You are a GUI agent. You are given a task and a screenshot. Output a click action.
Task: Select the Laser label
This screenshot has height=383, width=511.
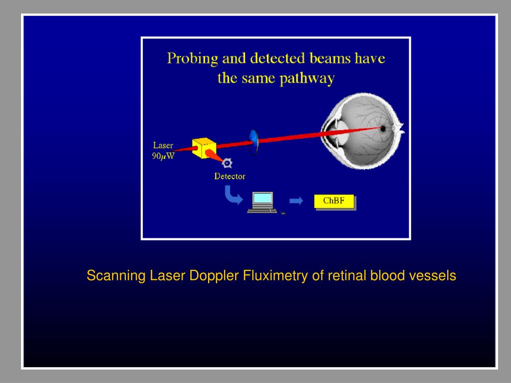[163, 146]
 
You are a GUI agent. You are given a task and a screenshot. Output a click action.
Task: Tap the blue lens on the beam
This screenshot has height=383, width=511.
[254, 142]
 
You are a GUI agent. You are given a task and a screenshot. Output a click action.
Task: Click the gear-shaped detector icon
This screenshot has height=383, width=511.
[227, 163]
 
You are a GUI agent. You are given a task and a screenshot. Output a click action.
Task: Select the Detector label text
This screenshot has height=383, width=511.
[230, 176]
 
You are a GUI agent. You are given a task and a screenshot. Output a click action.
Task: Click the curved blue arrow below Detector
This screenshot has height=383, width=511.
[231, 194]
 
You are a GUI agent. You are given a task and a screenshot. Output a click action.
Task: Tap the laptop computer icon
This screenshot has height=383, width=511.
[261, 202]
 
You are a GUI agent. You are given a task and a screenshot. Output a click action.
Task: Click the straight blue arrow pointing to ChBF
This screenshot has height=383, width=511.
[296, 200]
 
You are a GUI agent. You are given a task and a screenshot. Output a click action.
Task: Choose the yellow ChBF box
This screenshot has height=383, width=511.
[334, 201]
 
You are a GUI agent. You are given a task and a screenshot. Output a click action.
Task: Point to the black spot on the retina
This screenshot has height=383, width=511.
[383, 128]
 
